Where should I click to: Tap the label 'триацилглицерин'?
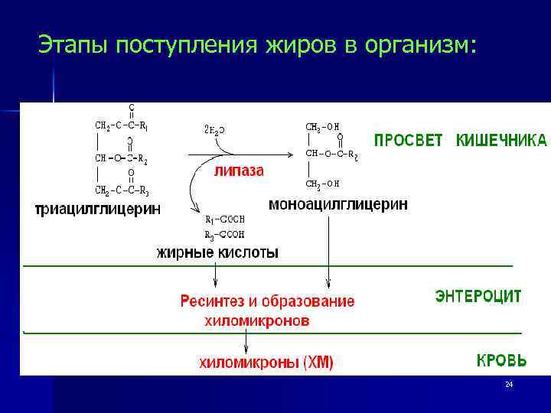tap(99, 209)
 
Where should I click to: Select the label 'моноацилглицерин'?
tap(338, 204)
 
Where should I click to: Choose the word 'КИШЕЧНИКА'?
tap(501, 140)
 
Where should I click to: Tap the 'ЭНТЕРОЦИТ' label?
tap(478, 295)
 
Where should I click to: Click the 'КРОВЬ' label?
tap(501, 359)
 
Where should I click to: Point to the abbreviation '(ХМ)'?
tap(315, 363)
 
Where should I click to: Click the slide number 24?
tap(509, 384)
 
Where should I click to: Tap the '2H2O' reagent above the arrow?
tap(214, 131)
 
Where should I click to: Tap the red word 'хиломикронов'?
tap(257, 321)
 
